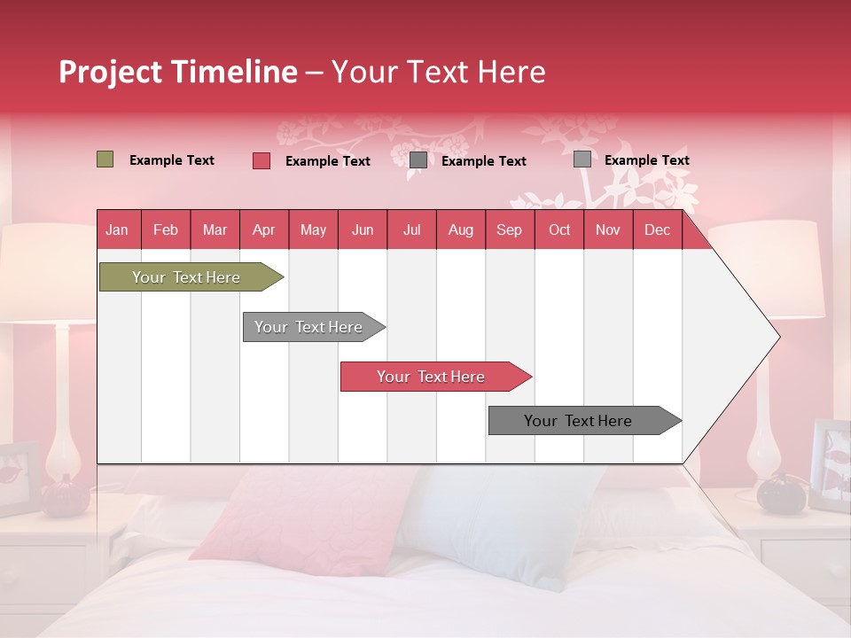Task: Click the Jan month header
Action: (x=117, y=230)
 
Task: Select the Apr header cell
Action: (x=263, y=230)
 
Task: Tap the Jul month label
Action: (x=411, y=230)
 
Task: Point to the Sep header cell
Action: (x=509, y=230)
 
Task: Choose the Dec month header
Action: (x=657, y=230)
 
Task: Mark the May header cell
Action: (x=313, y=230)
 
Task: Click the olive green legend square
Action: (x=105, y=159)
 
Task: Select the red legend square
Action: (x=262, y=160)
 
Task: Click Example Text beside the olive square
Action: (x=172, y=160)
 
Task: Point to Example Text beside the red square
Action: (x=328, y=161)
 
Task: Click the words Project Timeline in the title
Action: (x=177, y=72)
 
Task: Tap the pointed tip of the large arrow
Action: (x=777, y=337)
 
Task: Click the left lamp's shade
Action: (x=44, y=270)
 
